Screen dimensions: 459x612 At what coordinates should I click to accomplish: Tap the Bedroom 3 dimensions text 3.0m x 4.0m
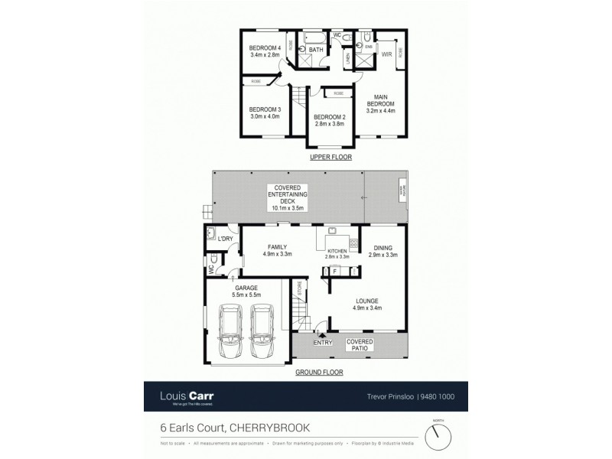pos(265,117)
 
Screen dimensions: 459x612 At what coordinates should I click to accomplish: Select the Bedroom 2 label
pos(330,117)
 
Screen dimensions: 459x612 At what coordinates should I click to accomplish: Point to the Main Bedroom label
pos(380,99)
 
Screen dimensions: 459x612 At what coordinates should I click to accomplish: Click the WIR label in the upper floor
pos(386,54)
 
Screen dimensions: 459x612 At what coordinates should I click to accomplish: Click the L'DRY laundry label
pos(225,239)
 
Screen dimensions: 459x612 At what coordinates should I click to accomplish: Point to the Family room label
pos(276,246)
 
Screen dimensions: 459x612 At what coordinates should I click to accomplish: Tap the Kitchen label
pos(337,251)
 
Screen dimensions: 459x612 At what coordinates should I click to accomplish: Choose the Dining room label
pos(382,246)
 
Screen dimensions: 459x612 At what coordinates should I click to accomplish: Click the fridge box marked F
pos(334,271)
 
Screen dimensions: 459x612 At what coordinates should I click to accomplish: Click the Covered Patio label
pos(360,343)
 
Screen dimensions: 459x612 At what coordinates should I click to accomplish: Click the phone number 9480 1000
pos(437,396)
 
